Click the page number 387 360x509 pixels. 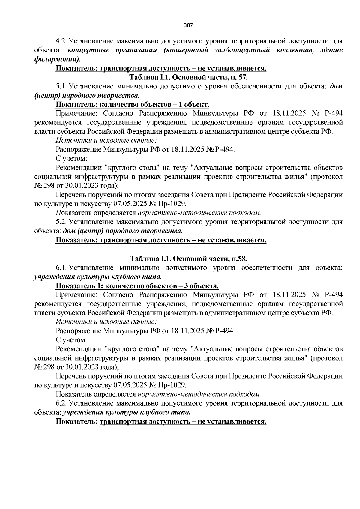(x=188, y=25)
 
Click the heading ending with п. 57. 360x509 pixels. (x=189, y=77)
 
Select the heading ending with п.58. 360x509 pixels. (x=189, y=259)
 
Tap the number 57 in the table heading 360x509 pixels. (x=243, y=77)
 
